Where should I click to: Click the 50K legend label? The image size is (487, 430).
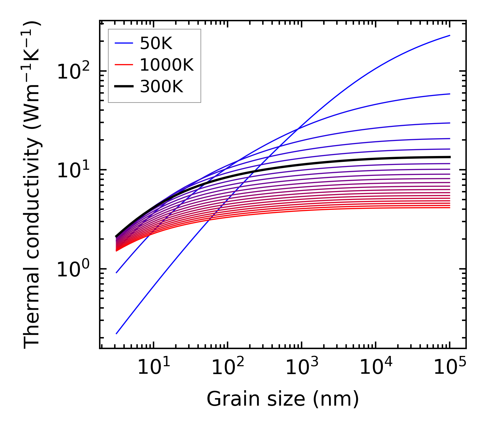pyautogui.click(x=156, y=44)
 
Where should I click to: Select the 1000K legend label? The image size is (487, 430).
pyautogui.click(x=167, y=65)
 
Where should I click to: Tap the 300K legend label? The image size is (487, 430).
pyautogui.click(x=161, y=87)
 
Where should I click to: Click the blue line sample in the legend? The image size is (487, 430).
pyautogui.click(x=123, y=43)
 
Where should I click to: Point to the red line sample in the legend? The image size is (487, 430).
pyautogui.click(x=123, y=65)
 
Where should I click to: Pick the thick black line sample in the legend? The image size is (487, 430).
pyautogui.click(x=123, y=86)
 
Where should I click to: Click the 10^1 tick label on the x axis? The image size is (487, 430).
pyautogui.click(x=153, y=368)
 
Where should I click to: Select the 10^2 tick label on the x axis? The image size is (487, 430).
pyautogui.click(x=227, y=368)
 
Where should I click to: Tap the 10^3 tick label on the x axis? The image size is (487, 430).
pyautogui.click(x=301, y=368)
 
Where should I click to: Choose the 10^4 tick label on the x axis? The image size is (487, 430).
pyautogui.click(x=375, y=368)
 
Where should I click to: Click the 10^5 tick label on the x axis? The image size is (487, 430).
pyautogui.click(x=449, y=368)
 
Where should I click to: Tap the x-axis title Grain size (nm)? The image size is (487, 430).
pyautogui.click(x=283, y=399)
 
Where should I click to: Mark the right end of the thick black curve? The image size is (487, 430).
pyautogui.click(x=450, y=157)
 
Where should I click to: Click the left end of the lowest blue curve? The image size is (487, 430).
pyautogui.click(x=117, y=333)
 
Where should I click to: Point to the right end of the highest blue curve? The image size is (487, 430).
pyautogui.click(x=450, y=35)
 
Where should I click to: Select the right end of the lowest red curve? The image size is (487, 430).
pyautogui.click(x=450, y=207)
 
